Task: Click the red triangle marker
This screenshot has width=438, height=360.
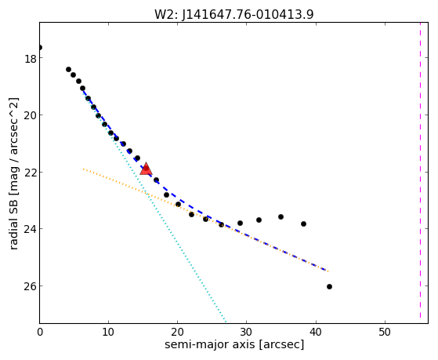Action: click(x=146, y=169)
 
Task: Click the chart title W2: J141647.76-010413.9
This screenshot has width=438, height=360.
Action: click(x=234, y=14)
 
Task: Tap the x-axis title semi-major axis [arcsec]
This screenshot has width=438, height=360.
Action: click(x=234, y=344)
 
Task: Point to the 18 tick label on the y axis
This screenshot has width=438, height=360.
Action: click(x=30, y=60)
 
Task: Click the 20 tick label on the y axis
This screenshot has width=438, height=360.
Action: click(x=30, y=115)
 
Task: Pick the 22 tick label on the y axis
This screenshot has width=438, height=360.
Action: click(x=30, y=172)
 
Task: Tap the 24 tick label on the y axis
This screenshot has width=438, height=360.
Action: click(x=30, y=229)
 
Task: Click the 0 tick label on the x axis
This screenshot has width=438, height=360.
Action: click(x=40, y=332)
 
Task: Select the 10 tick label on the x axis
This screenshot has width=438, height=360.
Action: click(x=109, y=332)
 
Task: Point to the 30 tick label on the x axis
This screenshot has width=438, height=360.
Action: click(x=247, y=332)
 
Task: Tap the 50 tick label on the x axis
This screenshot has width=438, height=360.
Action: click(x=385, y=332)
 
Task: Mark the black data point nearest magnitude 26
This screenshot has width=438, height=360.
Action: click(x=329, y=286)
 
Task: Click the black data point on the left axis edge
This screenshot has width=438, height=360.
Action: click(x=40, y=47)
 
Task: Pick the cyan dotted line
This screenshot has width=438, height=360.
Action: click(x=154, y=207)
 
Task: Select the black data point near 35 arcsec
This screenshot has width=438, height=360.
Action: click(x=281, y=216)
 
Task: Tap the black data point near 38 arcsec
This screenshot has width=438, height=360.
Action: click(x=304, y=224)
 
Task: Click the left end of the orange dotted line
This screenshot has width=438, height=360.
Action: click(x=83, y=169)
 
